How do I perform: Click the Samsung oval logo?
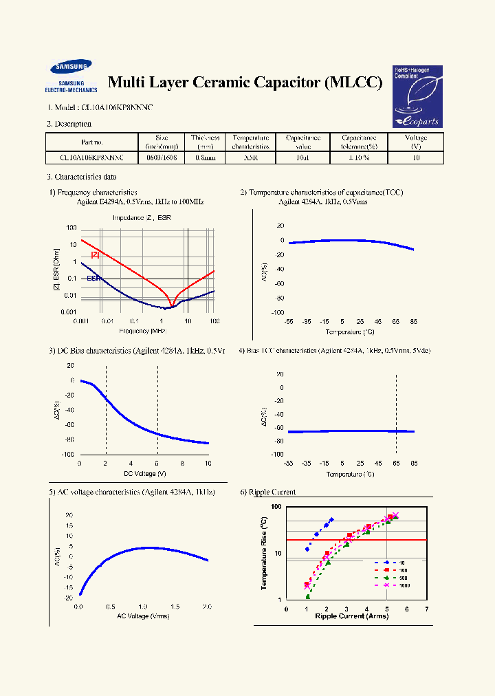click(70, 67)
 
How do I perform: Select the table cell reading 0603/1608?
click(162, 157)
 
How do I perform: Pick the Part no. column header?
click(92, 142)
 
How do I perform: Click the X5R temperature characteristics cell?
click(250, 157)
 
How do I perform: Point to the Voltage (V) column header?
click(416, 142)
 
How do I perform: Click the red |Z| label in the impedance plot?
click(96, 254)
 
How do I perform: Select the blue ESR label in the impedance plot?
click(93, 279)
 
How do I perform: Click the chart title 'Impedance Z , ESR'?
click(142, 218)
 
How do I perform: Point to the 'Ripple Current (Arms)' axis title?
click(351, 616)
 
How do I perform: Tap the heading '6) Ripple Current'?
click(267, 492)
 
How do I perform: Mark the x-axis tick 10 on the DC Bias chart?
click(208, 464)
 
